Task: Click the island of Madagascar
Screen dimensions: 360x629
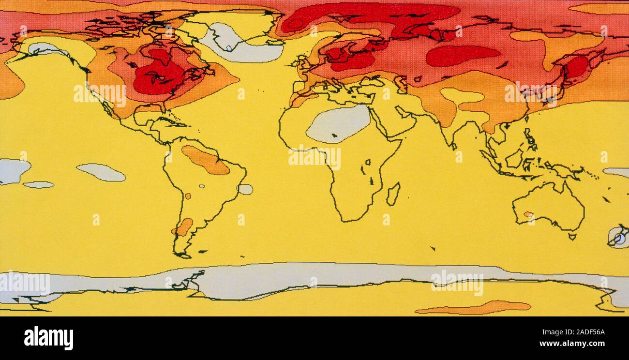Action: [x=393, y=194]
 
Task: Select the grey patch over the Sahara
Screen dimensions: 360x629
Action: [x=338, y=123]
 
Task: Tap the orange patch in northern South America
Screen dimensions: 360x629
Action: [x=206, y=160]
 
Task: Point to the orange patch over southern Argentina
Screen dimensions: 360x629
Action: [x=183, y=227]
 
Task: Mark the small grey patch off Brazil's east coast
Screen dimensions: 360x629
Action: [x=245, y=189]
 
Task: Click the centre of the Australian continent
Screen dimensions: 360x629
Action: [x=549, y=206]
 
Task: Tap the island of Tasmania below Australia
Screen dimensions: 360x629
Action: [x=572, y=237]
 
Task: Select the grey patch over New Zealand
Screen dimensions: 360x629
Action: [x=618, y=237]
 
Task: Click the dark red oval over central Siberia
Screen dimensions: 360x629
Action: [x=462, y=55]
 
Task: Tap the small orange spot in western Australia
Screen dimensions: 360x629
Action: [x=528, y=214]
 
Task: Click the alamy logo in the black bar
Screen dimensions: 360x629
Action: [x=48, y=338]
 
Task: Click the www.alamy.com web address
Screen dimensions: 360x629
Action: [x=572, y=344]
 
